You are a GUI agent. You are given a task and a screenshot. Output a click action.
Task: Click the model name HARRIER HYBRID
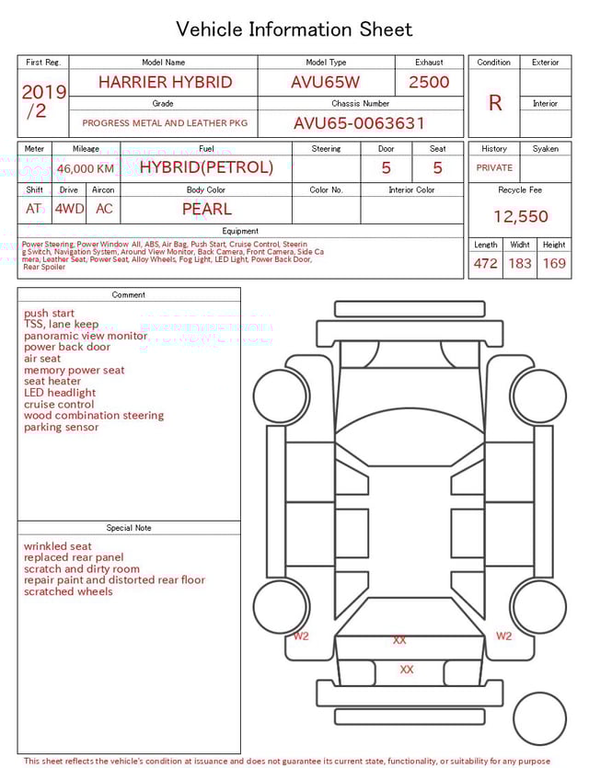(166, 82)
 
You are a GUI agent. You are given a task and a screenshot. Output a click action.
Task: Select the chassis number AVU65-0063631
(360, 123)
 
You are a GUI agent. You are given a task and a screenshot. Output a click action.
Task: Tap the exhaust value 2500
(429, 82)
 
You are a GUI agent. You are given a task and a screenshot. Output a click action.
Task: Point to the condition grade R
(494, 103)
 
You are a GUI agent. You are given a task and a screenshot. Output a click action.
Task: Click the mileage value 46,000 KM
(86, 168)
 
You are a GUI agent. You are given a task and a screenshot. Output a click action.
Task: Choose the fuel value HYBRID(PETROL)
(206, 167)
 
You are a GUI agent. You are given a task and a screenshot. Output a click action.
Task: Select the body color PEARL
(206, 209)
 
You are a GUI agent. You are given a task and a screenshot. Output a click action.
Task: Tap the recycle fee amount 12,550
(520, 217)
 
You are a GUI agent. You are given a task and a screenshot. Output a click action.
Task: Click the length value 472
(485, 263)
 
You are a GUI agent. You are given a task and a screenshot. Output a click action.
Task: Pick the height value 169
(554, 263)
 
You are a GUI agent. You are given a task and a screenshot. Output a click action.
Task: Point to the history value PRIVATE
(494, 168)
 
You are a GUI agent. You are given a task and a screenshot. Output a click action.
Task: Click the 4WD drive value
(69, 209)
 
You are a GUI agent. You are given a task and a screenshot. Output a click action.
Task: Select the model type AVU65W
(326, 82)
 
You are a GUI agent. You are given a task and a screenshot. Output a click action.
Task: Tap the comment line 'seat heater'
(52, 382)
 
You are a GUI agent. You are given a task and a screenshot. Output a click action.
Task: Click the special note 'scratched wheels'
(68, 591)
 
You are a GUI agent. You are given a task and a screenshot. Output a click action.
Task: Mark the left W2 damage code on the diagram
(301, 636)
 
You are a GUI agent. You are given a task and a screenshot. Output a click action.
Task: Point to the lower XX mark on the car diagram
(407, 670)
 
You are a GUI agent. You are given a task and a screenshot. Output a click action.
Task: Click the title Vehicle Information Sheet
(294, 29)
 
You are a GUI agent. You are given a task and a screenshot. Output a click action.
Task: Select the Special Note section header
(129, 528)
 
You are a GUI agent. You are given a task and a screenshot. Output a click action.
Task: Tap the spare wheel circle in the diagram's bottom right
(539, 719)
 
